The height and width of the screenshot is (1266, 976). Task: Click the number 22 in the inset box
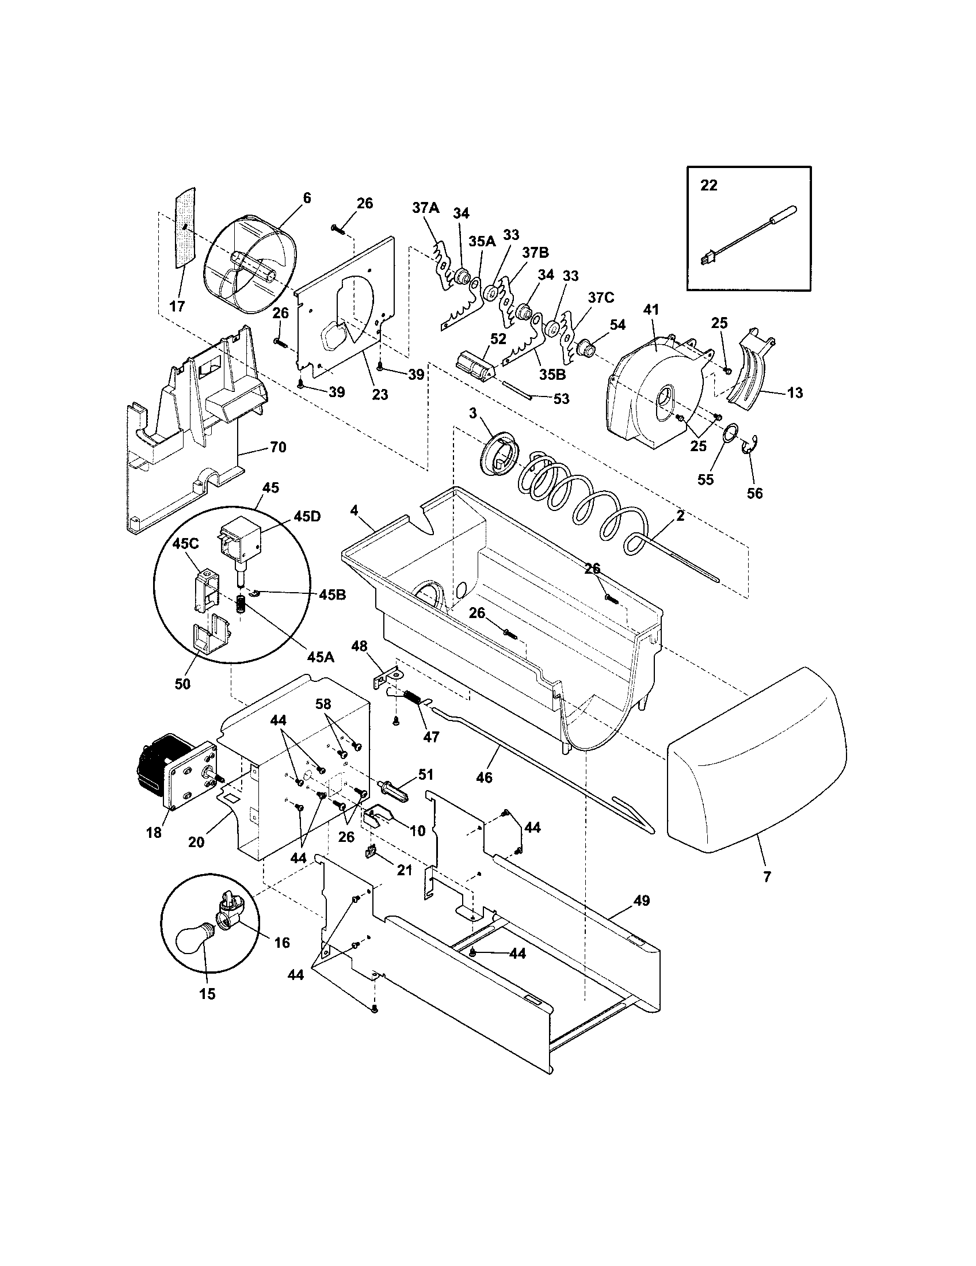click(x=709, y=185)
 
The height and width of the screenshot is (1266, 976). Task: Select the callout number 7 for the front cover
click(x=767, y=877)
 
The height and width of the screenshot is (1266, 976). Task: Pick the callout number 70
click(x=278, y=448)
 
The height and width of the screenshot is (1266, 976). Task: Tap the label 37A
click(x=426, y=208)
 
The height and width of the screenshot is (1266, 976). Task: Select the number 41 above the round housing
click(x=651, y=310)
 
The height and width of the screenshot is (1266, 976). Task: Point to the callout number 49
click(x=641, y=901)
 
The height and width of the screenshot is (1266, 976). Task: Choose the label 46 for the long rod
click(x=484, y=777)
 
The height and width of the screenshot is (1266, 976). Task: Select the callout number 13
click(x=795, y=393)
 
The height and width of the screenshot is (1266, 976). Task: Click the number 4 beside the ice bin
click(x=354, y=510)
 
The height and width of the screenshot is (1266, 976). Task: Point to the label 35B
click(x=552, y=375)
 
